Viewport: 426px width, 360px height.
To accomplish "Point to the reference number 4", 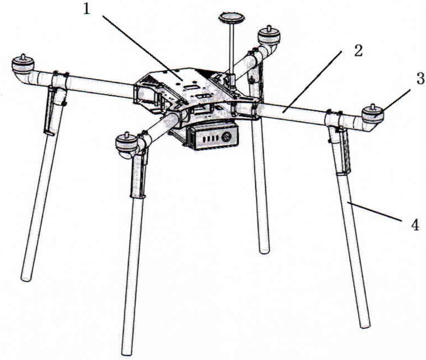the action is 415,225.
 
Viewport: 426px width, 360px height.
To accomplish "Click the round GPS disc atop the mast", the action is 232,18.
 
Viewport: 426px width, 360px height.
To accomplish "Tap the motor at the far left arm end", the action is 23,64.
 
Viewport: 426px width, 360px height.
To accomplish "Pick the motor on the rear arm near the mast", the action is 269,35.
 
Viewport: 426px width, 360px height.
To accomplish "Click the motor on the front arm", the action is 127,143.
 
